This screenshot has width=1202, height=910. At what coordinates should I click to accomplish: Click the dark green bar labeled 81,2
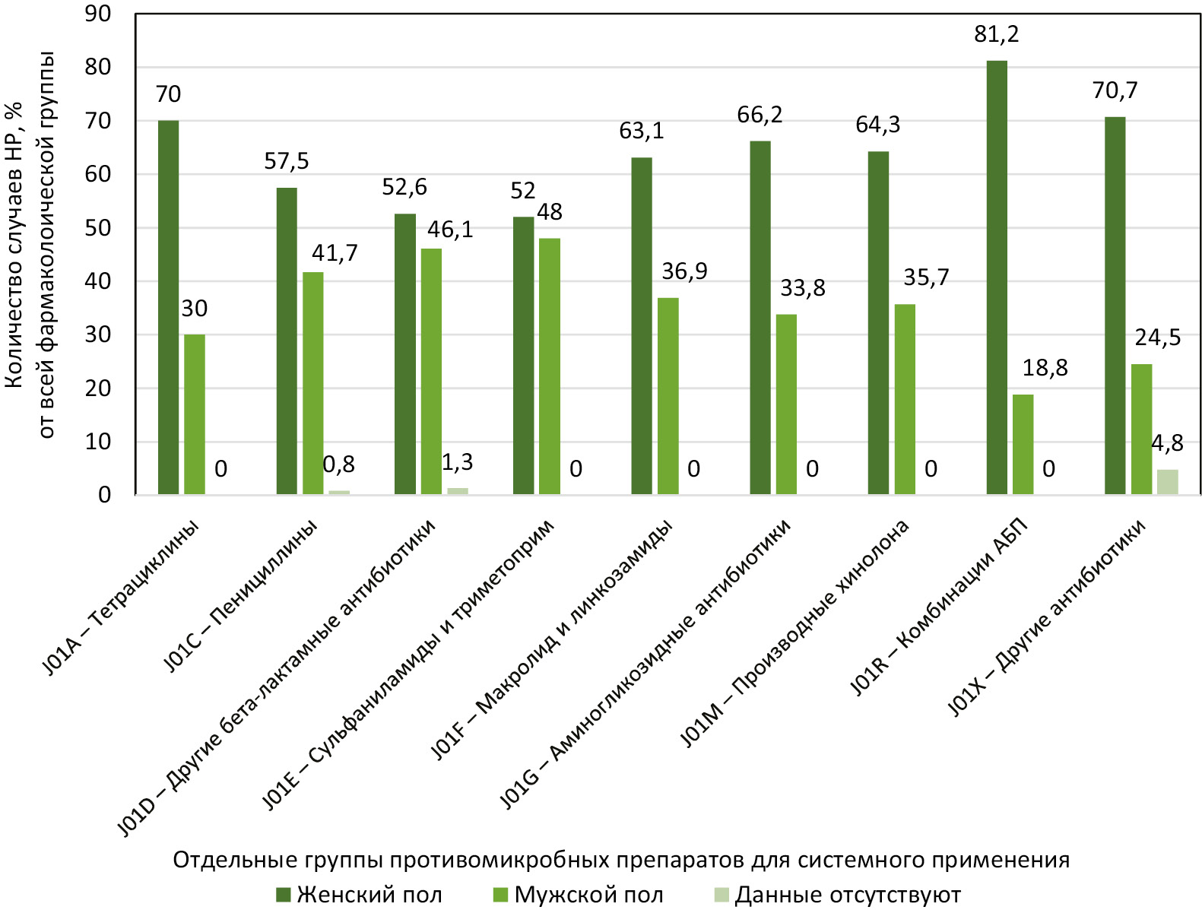(996, 277)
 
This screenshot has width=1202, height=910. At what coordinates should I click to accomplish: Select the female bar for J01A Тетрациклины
(168, 307)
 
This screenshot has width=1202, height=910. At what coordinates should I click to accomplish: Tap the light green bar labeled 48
(549, 366)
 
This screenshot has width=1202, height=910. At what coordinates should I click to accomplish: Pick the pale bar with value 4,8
(1167, 482)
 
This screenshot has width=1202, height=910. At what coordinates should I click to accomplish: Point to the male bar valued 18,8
(1023, 444)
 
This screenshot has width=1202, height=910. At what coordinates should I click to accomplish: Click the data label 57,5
(287, 161)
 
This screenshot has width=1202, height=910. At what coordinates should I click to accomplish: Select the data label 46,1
(450, 230)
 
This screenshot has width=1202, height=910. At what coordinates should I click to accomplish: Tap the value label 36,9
(684, 271)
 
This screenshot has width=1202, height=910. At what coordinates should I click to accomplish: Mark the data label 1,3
(457, 462)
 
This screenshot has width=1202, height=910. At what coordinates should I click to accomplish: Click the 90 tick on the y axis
(98, 14)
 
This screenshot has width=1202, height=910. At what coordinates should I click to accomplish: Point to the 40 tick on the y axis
(98, 281)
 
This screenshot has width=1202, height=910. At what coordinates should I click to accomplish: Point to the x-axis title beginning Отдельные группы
(621, 860)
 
